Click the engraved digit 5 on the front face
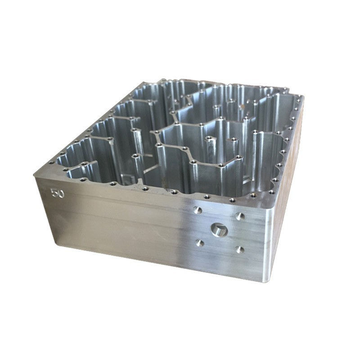point(54,193)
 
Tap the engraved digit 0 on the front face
point(61,193)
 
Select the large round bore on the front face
point(219,229)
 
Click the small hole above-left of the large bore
point(198,210)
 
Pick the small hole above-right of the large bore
point(240,216)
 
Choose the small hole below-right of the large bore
point(240,249)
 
